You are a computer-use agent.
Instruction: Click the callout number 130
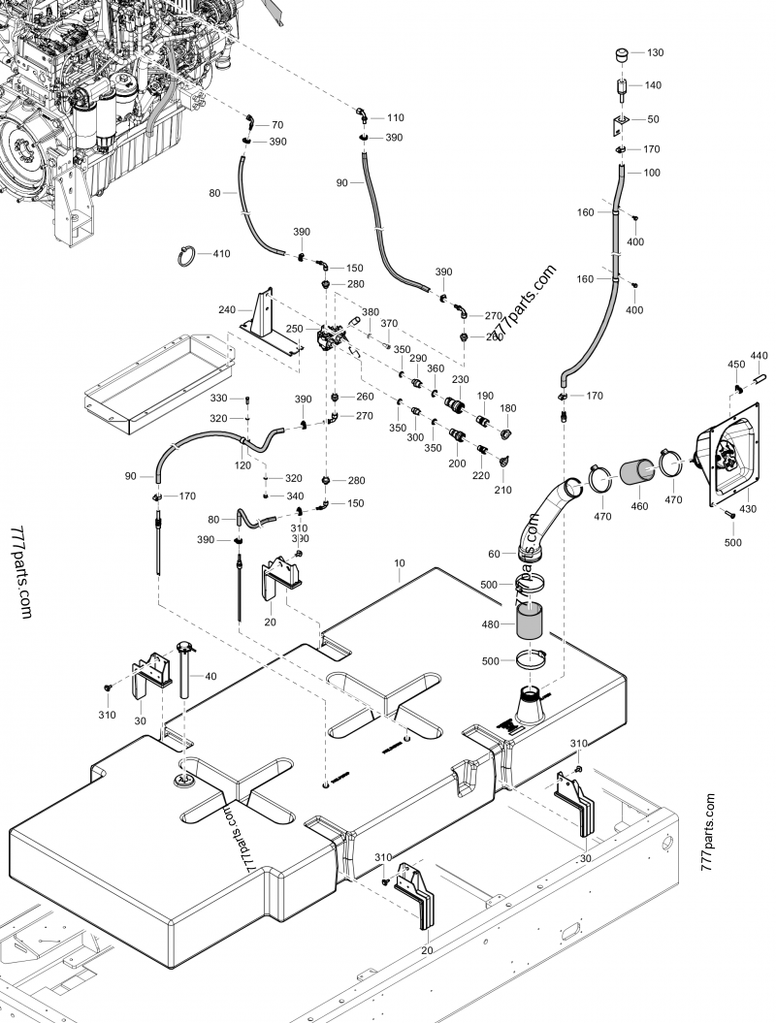pyautogui.click(x=655, y=52)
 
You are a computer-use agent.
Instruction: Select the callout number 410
pyautogui.click(x=222, y=255)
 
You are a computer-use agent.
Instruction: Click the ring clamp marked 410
pyautogui.click(x=186, y=256)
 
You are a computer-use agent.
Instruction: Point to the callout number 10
pyautogui.click(x=400, y=562)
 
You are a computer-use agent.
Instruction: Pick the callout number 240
pyautogui.click(x=227, y=310)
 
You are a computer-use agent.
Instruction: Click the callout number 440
pyautogui.click(x=759, y=356)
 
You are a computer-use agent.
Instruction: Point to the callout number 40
pyautogui.click(x=210, y=676)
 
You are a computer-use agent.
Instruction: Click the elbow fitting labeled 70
pyautogui.click(x=250, y=122)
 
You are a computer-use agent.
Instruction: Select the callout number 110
pyautogui.click(x=395, y=117)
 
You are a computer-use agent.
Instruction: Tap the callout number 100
pyautogui.click(x=651, y=173)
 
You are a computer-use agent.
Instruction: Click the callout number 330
pyautogui.click(x=218, y=399)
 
